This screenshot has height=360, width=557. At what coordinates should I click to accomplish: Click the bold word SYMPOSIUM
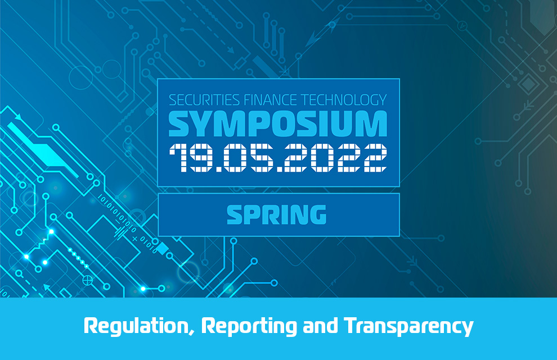coord(278,124)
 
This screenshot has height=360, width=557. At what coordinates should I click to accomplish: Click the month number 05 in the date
coord(248,157)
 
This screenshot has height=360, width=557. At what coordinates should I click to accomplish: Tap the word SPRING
coord(276,214)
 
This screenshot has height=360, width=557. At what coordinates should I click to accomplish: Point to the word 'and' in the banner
coord(321,326)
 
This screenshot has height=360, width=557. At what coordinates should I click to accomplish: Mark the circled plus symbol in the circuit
coord(87,281)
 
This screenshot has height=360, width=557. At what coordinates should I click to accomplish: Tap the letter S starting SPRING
coord(236,214)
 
